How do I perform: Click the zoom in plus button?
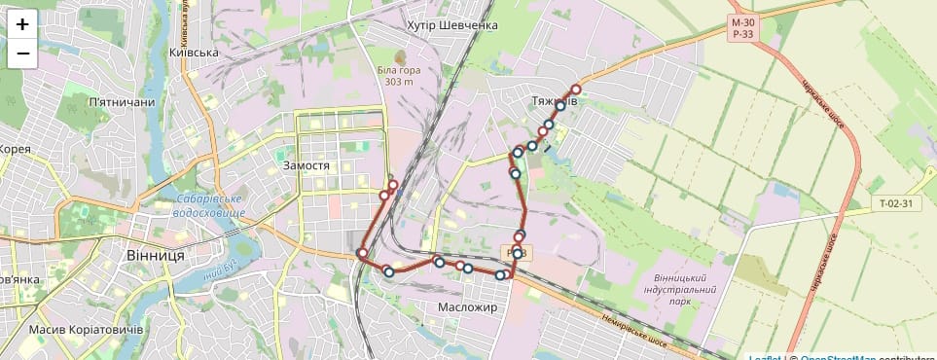22,24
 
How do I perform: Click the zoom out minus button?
22,54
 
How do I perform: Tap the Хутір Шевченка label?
452,25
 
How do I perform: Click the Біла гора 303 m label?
400,76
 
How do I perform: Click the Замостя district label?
306,165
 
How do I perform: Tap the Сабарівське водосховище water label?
214,205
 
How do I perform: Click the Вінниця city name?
156,255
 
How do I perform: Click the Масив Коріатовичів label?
87,329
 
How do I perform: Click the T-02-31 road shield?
895,204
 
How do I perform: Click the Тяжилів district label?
556,101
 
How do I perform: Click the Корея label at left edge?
15,149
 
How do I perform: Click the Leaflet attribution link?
765,357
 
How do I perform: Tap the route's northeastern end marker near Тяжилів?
576,90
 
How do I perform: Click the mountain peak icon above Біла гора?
401,55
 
